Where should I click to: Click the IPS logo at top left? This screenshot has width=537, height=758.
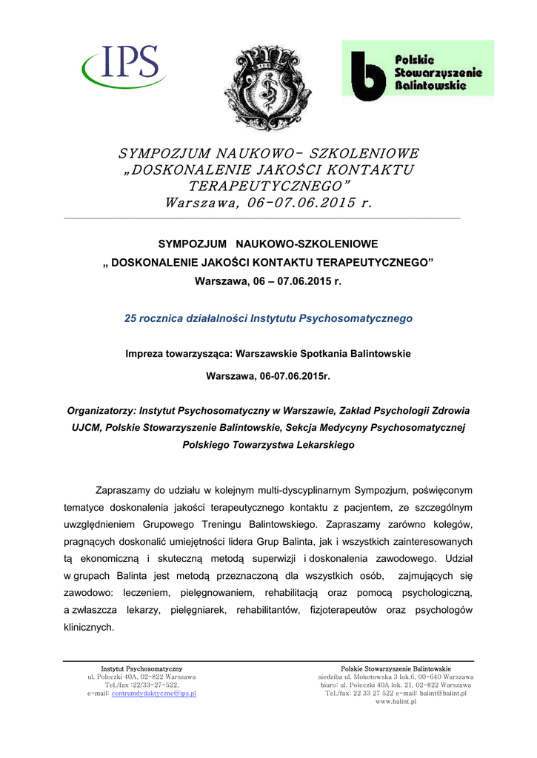click(125, 66)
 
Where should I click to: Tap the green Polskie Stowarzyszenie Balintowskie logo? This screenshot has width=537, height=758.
click(417, 69)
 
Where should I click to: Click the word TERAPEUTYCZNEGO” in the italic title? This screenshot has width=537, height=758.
click(267, 185)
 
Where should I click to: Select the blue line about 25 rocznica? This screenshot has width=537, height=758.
click(268, 318)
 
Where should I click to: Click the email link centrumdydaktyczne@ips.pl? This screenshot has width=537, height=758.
click(153, 693)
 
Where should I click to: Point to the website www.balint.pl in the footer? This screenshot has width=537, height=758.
click(396, 701)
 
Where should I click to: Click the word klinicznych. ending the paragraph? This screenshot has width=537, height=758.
click(89, 626)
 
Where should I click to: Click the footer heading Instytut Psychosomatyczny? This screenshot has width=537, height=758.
click(141, 668)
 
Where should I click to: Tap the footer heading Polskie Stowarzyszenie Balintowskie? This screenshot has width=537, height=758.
click(396, 668)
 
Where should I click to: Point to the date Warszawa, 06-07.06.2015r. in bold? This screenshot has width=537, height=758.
click(267, 376)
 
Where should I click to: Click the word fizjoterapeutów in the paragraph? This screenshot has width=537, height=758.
click(345, 609)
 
